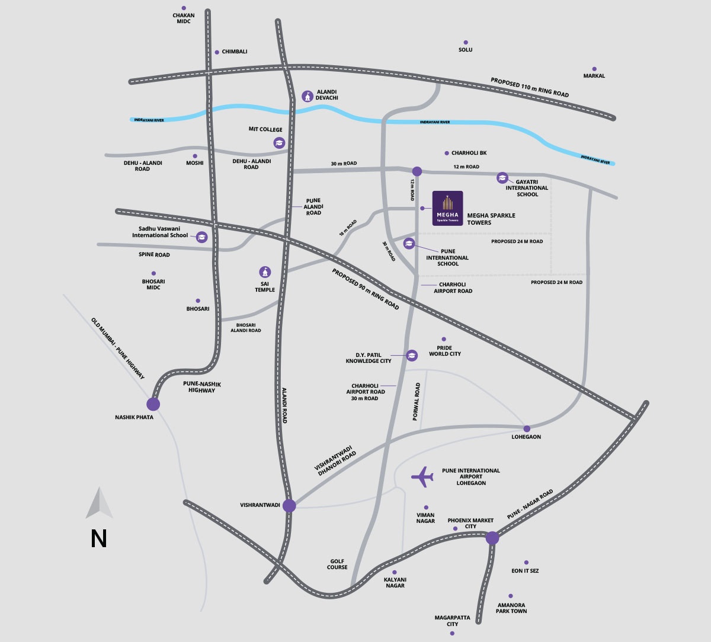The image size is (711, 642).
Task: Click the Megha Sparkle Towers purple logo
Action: (448, 208)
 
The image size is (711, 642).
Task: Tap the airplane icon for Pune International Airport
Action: (422, 477)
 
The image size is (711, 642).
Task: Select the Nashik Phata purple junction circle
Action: (153, 404)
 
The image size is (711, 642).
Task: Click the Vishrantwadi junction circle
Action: (289, 506)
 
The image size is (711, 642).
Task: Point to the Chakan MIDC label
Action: (184, 18)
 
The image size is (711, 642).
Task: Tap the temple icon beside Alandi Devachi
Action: (308, 96)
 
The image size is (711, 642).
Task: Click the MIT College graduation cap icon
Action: (279, 143)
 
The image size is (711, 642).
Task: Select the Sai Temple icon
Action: (265, 272)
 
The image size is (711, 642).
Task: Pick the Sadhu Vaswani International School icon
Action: (201, 237)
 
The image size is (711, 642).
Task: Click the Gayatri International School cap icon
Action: (502, 177)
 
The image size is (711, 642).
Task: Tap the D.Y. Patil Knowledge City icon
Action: (412, 355)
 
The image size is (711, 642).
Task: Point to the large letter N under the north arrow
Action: (99, 539)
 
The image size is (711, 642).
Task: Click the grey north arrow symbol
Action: (99, 503)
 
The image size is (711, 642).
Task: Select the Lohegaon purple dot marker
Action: (527, 429)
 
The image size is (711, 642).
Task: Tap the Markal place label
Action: (594, 76)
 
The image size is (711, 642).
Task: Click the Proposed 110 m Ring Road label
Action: (530, 87)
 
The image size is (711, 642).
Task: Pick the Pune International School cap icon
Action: (409, 244)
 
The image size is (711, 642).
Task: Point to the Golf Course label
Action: (337, 564)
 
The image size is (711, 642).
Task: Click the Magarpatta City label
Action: (452, 621)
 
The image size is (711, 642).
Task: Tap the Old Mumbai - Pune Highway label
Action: (118, 349)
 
